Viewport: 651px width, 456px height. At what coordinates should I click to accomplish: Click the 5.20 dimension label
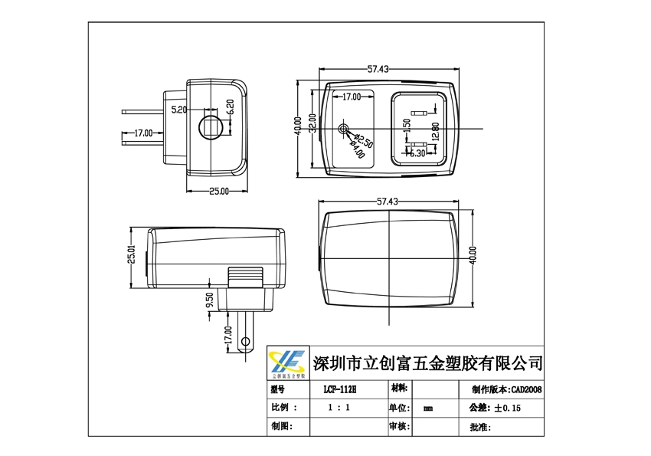[178, 110]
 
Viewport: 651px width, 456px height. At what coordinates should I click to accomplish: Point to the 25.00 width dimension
[219, 191]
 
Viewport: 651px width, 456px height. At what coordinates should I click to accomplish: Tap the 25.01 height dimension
[131, 254]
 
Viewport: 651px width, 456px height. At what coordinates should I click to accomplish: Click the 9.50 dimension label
[209, 301]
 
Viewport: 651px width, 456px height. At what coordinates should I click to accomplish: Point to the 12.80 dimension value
[434, 130]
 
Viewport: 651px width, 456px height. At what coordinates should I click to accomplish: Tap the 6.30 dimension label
[417, 153]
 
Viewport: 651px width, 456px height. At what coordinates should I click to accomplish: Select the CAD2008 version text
[527, 389]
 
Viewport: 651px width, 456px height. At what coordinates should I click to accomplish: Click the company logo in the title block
[288, 362]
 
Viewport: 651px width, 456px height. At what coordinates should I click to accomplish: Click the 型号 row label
[277, 389]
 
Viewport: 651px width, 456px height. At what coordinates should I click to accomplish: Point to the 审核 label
[400, 426]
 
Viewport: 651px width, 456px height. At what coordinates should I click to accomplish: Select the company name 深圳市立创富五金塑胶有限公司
[428, 362]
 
